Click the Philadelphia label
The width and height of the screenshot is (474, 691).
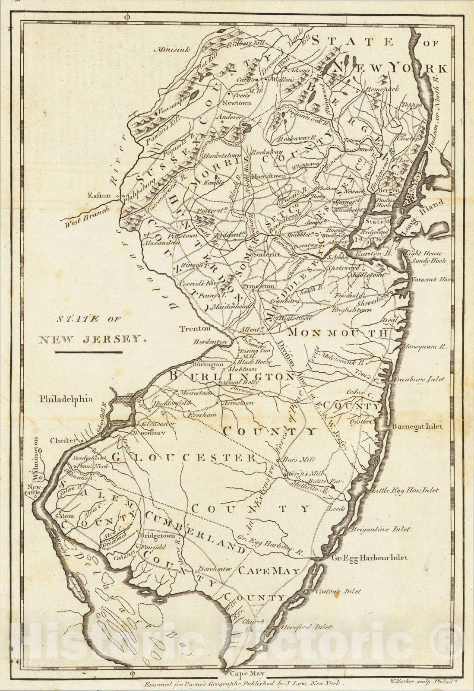(66, 399)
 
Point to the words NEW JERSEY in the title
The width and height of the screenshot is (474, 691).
(91, 339)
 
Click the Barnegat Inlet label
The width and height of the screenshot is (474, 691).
(417, 426)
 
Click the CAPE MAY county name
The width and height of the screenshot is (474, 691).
(269, 571)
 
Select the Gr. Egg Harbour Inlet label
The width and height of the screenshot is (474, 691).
(369, 558)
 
